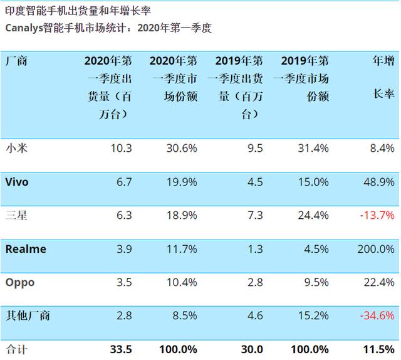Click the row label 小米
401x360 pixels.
pyautogui.click(x=16, y=148)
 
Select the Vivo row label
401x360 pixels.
pyautogui.click(x=17, y=182)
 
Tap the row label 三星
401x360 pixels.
pyautogui.click(x=16, y=215)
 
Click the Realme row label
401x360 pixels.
pyautogui.click(x=26, y=249)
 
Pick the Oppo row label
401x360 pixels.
pyautogui.click(x=20, y=282)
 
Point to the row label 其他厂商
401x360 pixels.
pyautogui.click(x=28, y=315)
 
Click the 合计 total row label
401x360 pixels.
pyautogui.click(x=16, y=349)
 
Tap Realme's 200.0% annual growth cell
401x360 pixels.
pyautogui.click(x=375, y=249)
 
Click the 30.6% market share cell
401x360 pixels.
pyautogui.click(x=181, y=148)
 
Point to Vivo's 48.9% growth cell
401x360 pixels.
pyautogui.click(x=378, y=182)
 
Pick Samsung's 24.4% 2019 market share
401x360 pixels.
pyautogui.click(x=312, y=215)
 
